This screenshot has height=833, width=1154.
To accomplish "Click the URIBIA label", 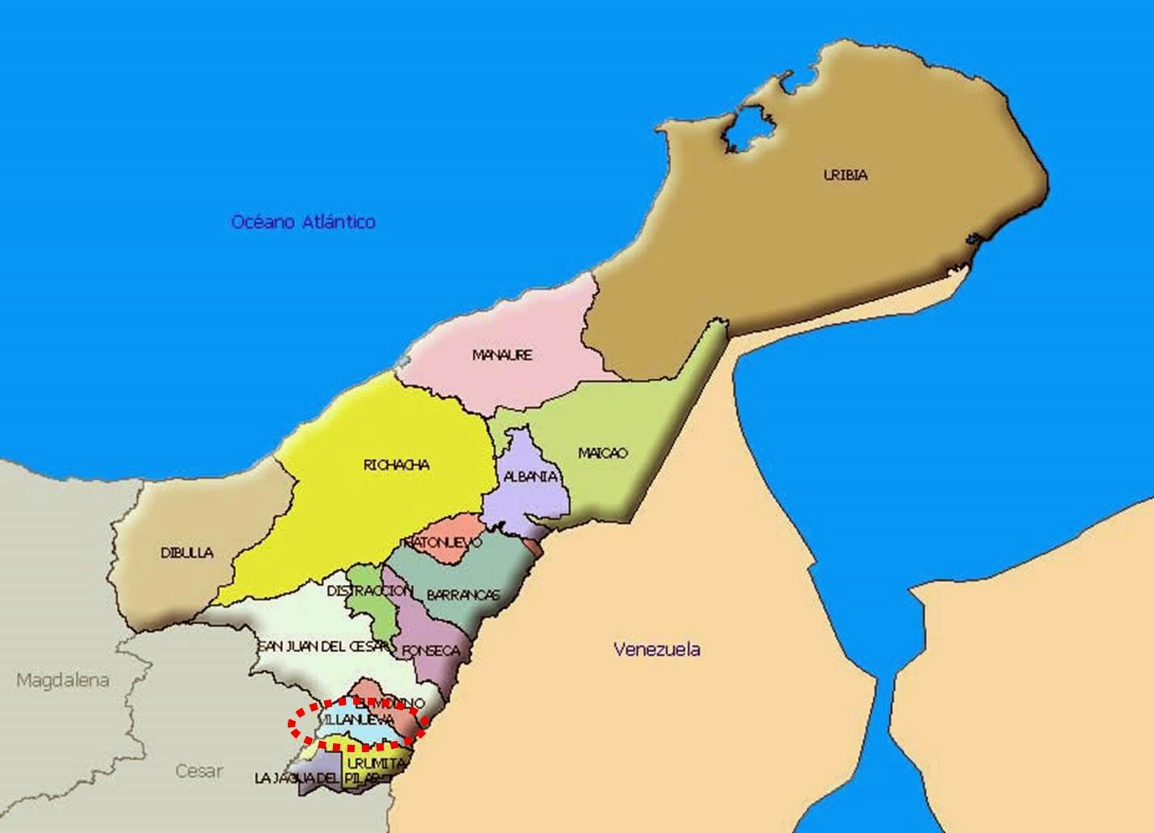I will (844, 174).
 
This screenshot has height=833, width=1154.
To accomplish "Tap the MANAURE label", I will (502, 354).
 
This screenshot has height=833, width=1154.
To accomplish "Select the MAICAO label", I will (603, 452).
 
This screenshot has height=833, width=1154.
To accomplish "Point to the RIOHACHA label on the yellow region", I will (396, 465).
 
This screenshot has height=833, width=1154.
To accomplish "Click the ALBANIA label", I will (531, 476).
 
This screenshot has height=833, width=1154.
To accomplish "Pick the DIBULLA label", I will (187, 553).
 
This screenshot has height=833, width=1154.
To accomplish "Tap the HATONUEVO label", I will (442, 541).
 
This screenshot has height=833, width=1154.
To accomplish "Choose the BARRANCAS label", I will (463, 595).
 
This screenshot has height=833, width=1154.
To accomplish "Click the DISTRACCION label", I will (369, 591).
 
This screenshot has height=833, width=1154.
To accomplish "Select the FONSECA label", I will (431, 650).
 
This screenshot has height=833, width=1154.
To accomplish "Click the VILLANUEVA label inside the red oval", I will (359, 718).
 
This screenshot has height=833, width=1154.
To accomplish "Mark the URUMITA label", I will (374, 762).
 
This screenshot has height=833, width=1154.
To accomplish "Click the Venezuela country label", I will (656, 649).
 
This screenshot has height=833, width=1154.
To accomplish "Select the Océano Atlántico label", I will (303, 221).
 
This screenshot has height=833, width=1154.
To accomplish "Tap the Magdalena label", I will (62, 680).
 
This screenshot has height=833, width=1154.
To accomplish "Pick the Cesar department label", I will (199, 770).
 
